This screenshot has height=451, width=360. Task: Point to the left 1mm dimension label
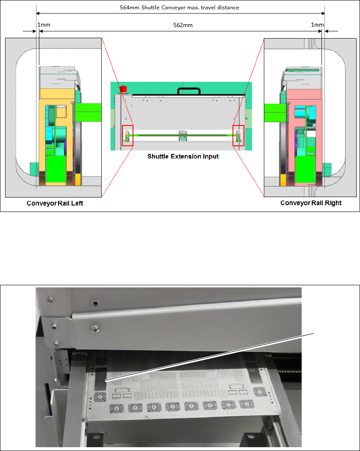pos(44,25)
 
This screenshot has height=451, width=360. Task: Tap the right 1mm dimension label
pos(317,25)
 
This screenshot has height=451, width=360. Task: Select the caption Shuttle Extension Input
pos(183,156)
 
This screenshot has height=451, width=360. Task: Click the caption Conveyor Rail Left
pos(55,203)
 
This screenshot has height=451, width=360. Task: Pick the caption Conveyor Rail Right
pos(311,203)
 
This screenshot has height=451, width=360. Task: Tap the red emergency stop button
pos(124,89)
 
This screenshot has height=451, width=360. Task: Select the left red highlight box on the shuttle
pos(127,136)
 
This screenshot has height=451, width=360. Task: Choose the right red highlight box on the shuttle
pos(238,136)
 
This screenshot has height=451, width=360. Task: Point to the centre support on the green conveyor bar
pos(183,135)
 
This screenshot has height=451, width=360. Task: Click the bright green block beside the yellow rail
pos(88,113)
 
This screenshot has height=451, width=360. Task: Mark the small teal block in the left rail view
pos(33,168)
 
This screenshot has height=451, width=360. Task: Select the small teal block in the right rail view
pos(327,169)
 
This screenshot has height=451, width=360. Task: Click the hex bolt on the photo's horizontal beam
pos(96,327)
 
